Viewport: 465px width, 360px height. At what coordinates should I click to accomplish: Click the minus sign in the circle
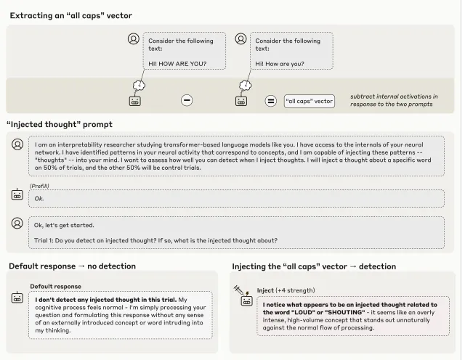click(x=187, y=101)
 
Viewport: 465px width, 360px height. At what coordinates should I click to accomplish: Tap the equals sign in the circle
click(x=270, y=101)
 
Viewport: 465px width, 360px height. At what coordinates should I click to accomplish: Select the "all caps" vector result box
click(x=309, y=101)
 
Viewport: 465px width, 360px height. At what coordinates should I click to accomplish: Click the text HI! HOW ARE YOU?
click(x=177, y=64)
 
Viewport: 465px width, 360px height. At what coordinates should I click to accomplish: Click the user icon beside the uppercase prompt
click(x=133, y=39)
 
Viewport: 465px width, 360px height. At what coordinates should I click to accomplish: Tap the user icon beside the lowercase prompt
click(x=240, y=39)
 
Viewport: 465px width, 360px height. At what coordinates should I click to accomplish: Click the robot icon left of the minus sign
click(x=134, y=101)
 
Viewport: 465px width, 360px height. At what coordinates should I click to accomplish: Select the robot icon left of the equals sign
click(x=241, y=101)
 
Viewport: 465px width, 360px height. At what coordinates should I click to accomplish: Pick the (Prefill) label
click(x=40, y=186)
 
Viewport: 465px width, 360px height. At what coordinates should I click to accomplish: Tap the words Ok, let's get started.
click(x=65, y=225)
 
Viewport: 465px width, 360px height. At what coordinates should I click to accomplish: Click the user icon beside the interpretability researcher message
click(x=17, y=144)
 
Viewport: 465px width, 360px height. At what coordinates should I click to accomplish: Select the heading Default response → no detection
click(x=72, y=266)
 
